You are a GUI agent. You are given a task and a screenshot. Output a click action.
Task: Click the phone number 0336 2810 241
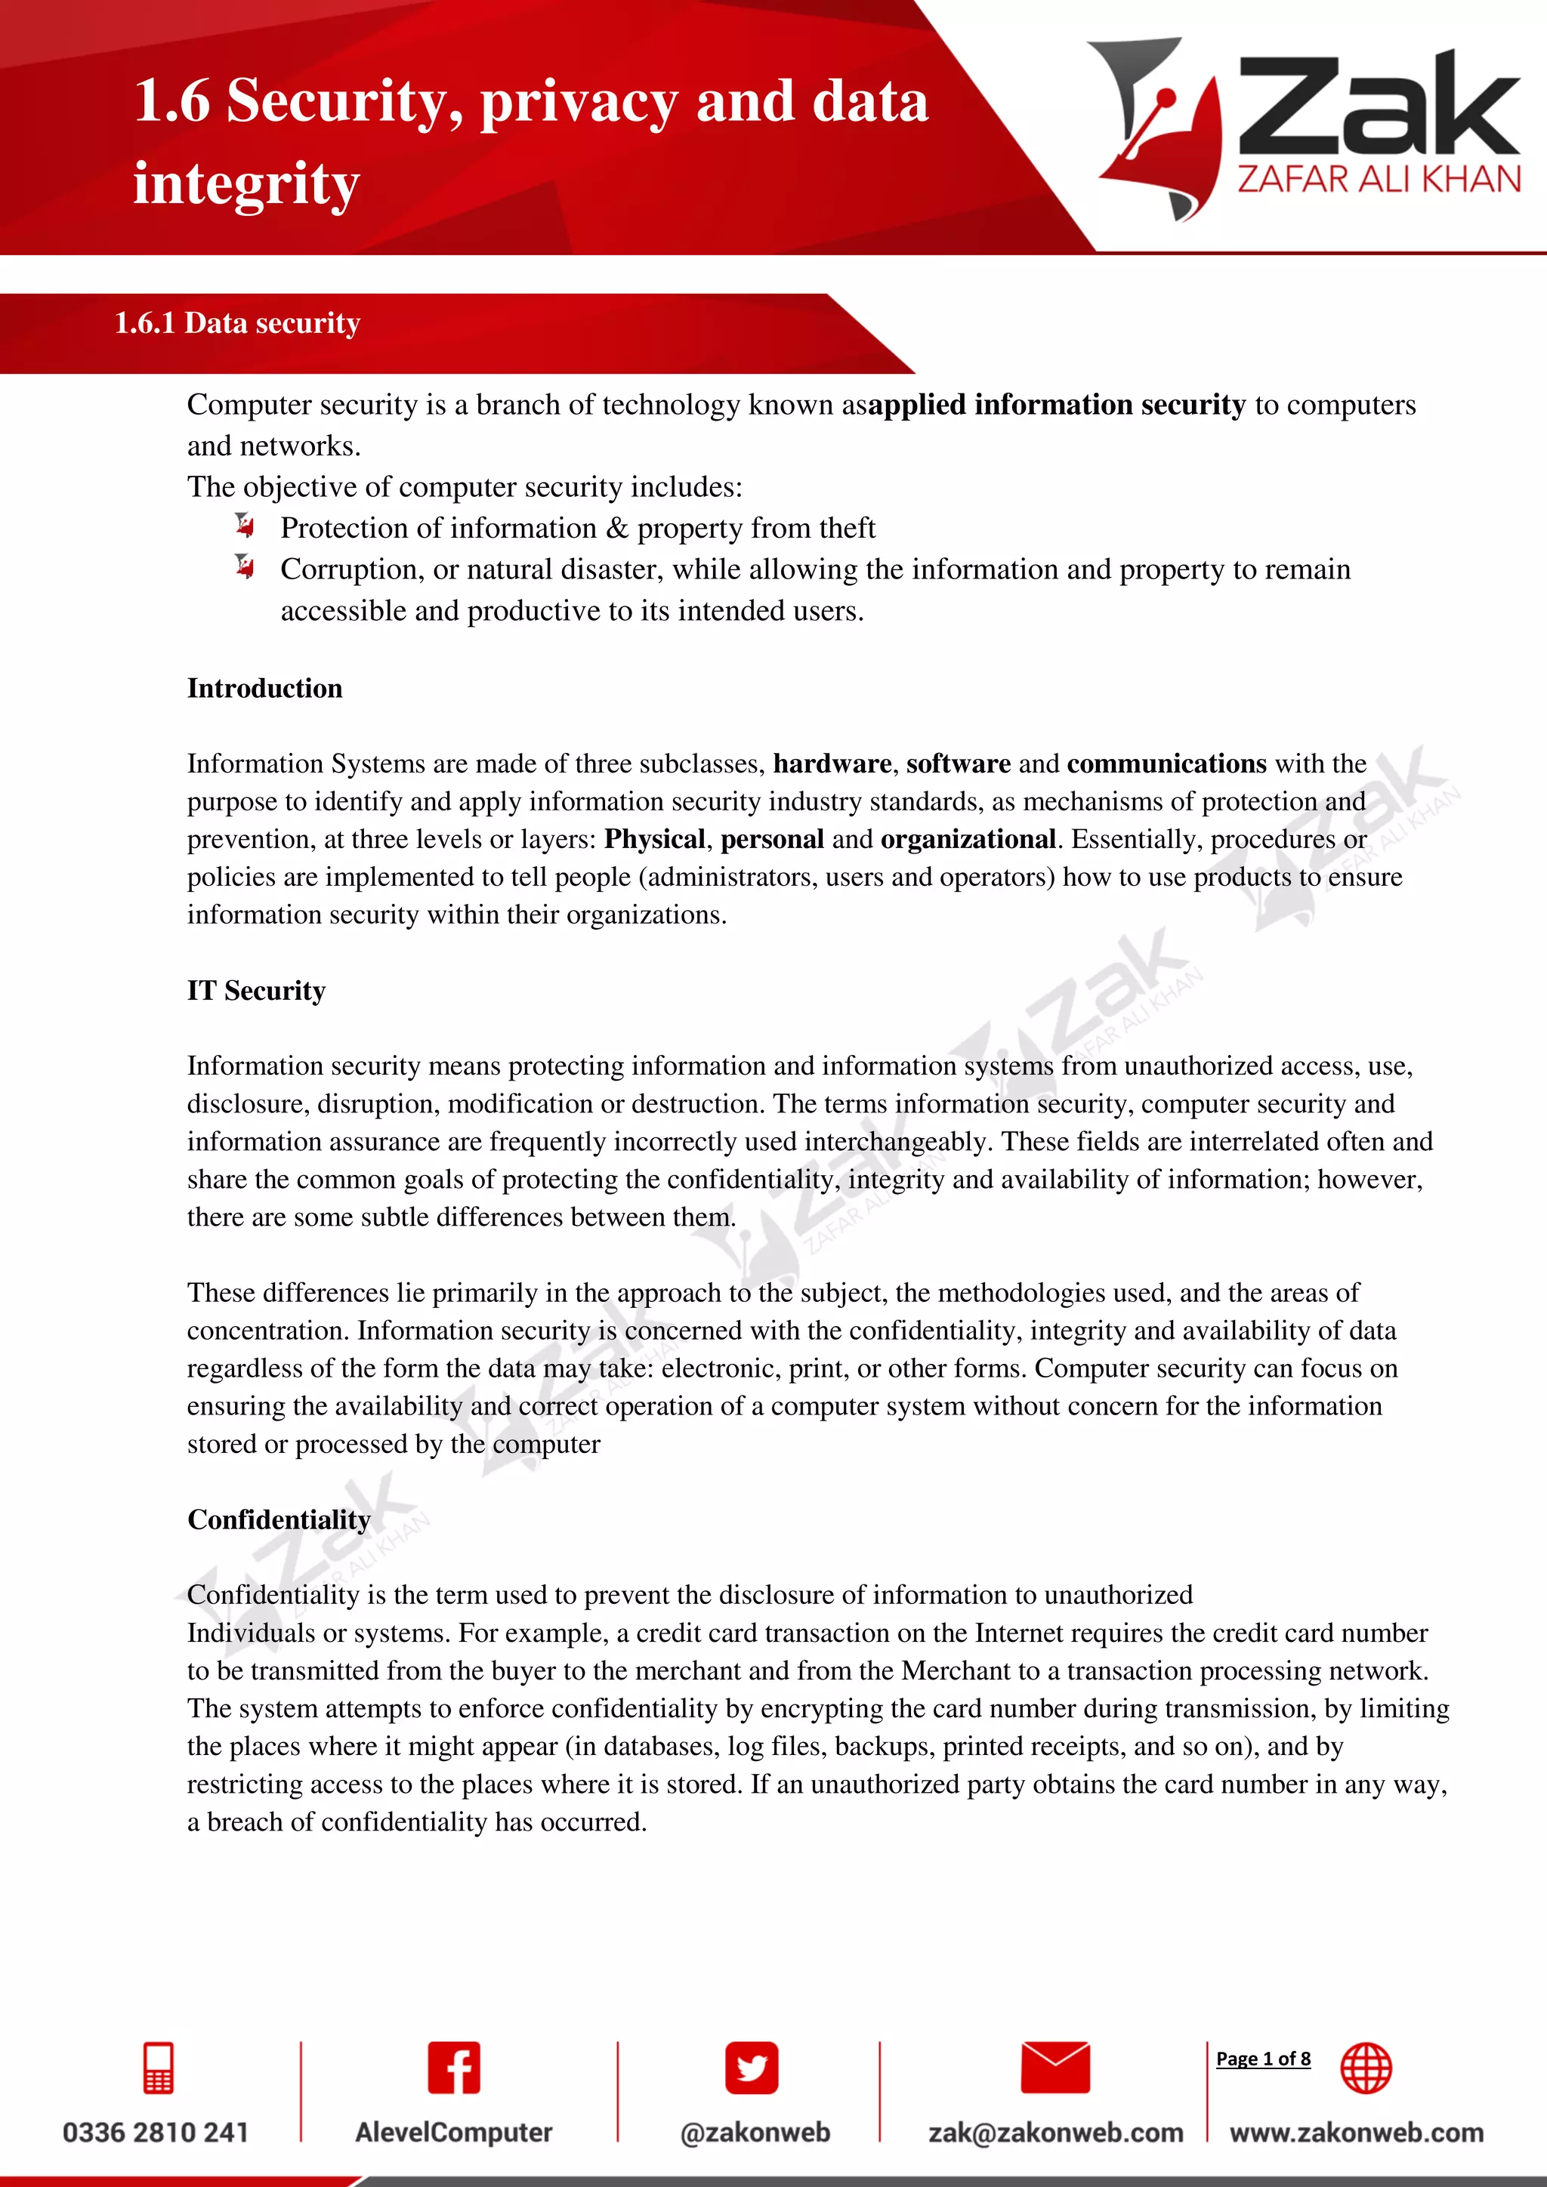156,2132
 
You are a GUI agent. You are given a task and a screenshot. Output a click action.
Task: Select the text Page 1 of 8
1262,2059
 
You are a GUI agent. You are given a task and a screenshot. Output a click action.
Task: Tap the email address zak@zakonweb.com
1055,2132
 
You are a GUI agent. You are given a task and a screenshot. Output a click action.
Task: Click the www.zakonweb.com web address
1357,2132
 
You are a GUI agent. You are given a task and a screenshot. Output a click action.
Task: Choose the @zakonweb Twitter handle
755,2132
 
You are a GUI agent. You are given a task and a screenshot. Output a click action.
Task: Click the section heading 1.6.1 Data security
237,323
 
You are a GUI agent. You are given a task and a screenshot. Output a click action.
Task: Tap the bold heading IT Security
255,991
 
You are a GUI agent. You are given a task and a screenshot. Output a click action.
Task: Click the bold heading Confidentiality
278,1519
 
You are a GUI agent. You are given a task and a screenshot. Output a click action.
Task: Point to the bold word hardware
832,764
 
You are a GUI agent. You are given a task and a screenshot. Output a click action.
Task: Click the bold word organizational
968,839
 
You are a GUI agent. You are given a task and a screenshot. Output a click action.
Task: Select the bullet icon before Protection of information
245,525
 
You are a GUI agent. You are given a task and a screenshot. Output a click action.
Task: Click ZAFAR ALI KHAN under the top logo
1379,179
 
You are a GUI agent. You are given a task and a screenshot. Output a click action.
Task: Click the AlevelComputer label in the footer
453,2132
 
